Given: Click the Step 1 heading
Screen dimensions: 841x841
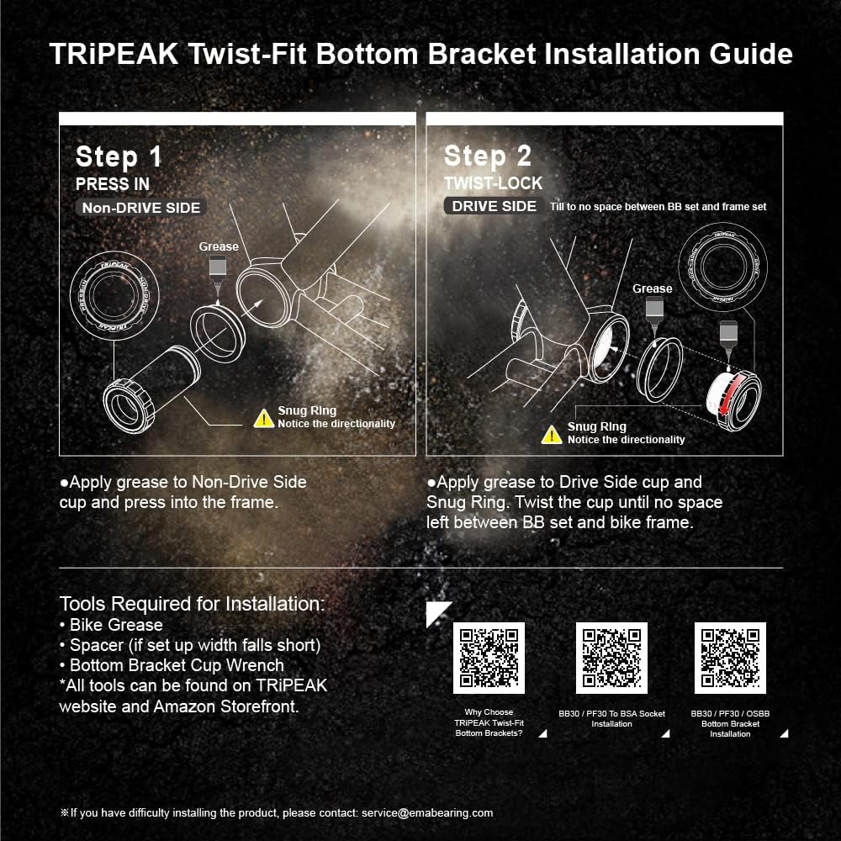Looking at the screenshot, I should pos(119,157).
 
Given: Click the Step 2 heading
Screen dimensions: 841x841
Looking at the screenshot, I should pos(488,156).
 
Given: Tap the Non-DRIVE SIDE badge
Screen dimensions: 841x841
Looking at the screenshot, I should pos(140,208).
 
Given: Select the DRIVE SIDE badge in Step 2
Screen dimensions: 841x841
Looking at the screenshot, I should pos(494,206).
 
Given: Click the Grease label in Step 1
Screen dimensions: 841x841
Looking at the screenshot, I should pos(219,246).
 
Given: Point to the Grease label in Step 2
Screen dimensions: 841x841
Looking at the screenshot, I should pos(653,288).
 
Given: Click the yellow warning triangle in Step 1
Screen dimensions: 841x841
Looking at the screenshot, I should pos(264,416).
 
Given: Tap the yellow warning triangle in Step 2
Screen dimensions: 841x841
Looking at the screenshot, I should pos(552,434).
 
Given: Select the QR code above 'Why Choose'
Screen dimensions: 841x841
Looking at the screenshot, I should pos(489,658).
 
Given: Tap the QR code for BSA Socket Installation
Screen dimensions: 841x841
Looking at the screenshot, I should pos(611,658).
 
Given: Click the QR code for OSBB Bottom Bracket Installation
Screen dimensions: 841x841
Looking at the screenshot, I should pos(730,658).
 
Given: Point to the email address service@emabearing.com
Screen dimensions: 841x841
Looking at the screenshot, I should pos(427,812).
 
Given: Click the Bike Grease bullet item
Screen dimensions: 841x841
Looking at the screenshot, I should pos(111,625).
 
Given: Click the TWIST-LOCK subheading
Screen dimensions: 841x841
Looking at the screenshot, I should pos(493,183).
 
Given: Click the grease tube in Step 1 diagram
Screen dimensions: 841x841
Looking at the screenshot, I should pos(218,268).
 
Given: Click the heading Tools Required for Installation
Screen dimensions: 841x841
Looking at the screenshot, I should pos(192,604).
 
